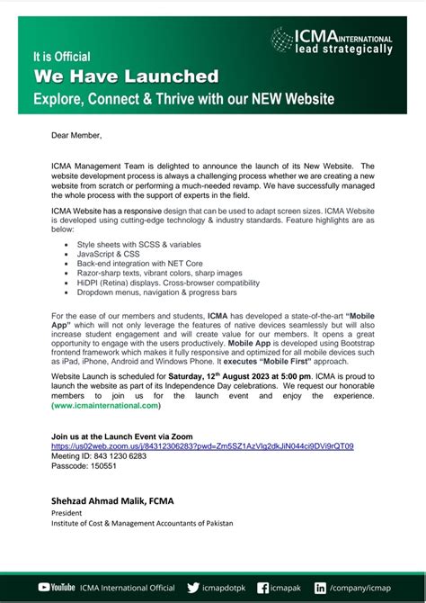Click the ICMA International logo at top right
tap(333, 40)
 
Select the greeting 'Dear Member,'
tap(76, 136)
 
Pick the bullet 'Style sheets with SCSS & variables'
tap(138, 244)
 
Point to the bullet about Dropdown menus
tap(146, 292)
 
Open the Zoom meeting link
tap(202, 445)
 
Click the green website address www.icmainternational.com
tap(105, 407)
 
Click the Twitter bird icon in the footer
tap(193, 587)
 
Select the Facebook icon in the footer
tap(262, 587)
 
